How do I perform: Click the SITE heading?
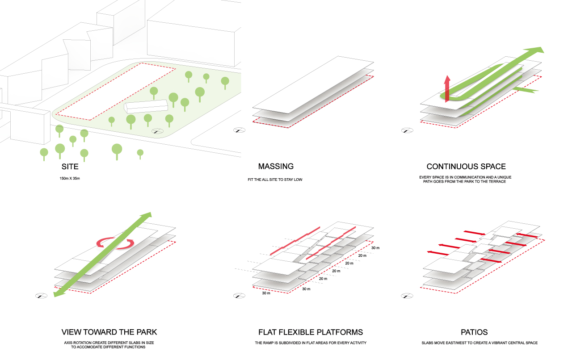tap(70, 167)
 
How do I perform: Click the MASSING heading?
tap(276, 167)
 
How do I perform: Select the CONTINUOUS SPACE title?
tap(466, 167)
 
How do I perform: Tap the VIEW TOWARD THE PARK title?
tap(109, 332)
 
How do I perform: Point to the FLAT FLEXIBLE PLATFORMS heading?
tap(311, 332)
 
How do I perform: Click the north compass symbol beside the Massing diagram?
tap(239, 130)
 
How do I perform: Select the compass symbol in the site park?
tap(157, 131)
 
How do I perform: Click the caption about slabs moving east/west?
tap(479, 343)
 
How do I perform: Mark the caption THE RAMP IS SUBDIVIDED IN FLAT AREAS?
tap(311, 343)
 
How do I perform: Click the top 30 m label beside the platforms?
tap(374, 248)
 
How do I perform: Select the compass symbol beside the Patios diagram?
tap(407, 296)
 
